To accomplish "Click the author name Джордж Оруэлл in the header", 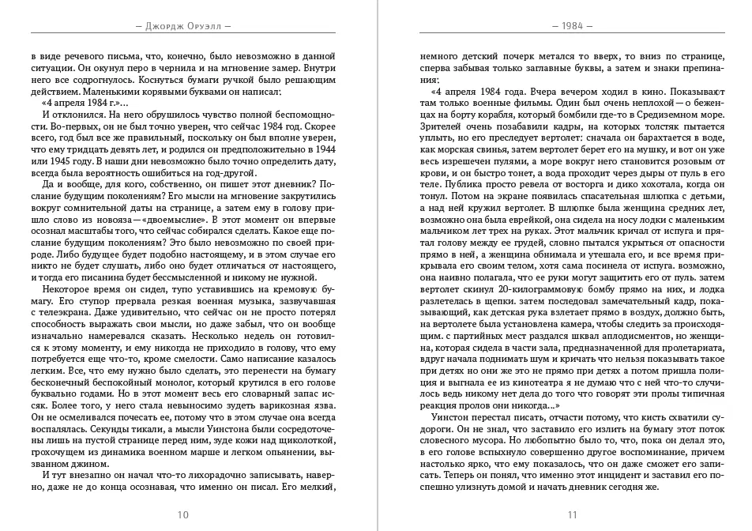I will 183,24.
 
